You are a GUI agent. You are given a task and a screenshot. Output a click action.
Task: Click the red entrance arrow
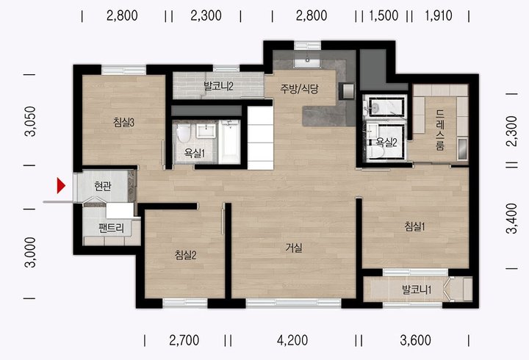61,186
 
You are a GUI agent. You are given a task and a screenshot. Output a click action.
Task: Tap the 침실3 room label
124,123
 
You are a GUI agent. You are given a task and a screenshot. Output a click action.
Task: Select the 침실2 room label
186,255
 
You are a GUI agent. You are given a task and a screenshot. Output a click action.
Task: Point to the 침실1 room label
414,226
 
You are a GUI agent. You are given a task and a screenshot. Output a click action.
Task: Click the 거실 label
294,248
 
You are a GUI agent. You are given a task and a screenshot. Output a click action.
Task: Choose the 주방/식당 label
299,89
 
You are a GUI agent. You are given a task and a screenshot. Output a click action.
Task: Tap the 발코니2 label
218,87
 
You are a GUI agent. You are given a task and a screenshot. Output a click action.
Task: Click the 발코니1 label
417,289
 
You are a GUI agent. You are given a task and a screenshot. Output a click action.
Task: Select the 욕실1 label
195,154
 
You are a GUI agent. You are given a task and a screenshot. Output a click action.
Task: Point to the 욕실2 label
386,143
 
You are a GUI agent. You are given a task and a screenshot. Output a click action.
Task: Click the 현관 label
103,186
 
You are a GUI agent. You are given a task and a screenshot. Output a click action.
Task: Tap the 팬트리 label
112,228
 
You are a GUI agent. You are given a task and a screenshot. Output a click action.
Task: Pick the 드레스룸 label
440,129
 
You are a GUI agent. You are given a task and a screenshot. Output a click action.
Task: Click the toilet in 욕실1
184,134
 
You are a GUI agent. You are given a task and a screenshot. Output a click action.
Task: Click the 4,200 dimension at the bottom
292,340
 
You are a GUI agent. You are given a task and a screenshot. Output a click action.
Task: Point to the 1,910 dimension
438,15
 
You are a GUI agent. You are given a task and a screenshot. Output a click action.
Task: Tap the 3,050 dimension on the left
30,121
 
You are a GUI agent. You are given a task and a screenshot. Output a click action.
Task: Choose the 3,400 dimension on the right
511,218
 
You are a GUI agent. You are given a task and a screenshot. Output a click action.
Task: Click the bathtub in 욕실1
229,142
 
